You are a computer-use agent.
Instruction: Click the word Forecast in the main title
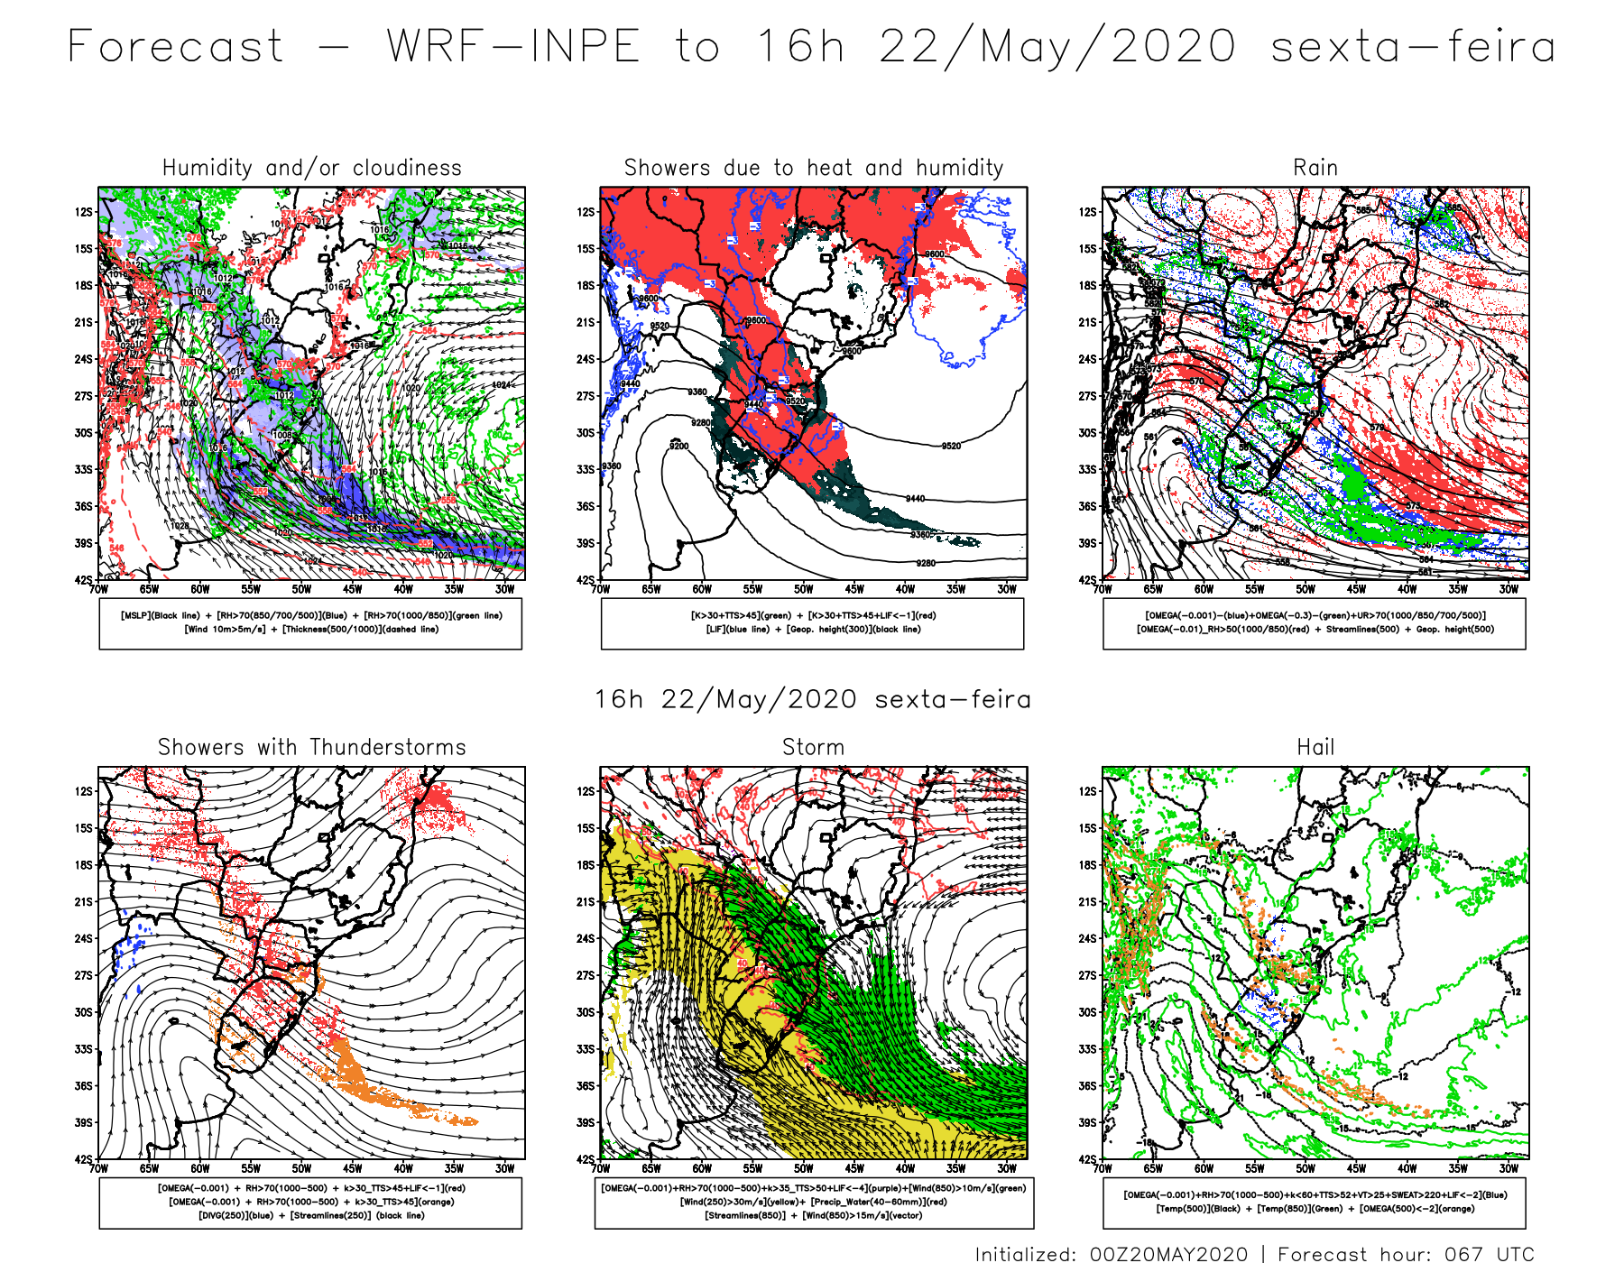(x=176, y=47)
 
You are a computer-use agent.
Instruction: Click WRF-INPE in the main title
(x=513, y=47)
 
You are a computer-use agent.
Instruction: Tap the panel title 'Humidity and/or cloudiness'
(x=311, y=168)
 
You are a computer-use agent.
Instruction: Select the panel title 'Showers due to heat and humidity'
(x=813, y=168)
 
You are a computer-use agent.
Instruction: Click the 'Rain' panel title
(x=1315, y=168)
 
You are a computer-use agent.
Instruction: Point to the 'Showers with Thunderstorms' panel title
(x=311, y=747)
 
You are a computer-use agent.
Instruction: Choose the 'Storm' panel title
(x=813, y=747)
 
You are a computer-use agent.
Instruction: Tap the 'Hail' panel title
(x=1315, y=747)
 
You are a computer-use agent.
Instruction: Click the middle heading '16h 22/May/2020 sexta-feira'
(x=812, y=699)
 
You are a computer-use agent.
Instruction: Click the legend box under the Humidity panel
(x=310, y=623)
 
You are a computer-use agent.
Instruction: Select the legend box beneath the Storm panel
(x=814, y=1203)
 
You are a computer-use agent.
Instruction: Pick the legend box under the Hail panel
(x=1314, y=1203)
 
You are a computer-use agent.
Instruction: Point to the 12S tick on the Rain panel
(x=1087, y=212)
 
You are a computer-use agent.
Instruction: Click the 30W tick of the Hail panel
(x=1509, y=1168)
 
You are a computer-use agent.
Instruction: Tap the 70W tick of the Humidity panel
(x=98, y=589)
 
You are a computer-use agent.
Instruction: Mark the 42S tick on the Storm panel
(x=586, y=1159)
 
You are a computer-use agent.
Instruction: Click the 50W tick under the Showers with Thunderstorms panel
(x=301, y=1168)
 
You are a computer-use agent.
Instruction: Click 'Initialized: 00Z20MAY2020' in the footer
(x=1112, y=1254)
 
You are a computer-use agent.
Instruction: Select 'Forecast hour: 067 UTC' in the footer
(x=1406, y=1254)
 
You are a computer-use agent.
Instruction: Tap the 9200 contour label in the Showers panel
(x=678, y=447)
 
